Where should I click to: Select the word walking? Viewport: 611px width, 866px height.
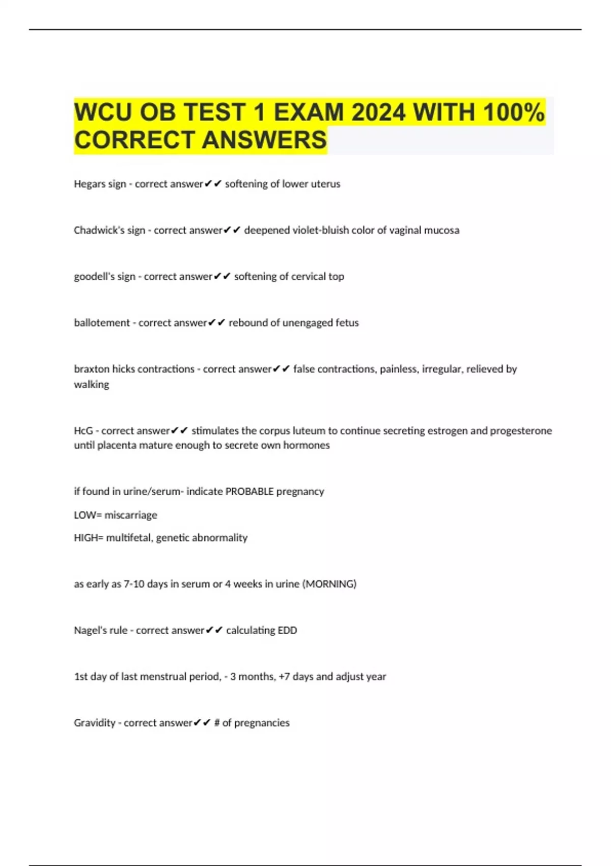coord(92,385)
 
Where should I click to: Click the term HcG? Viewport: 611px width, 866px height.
coord(84,430)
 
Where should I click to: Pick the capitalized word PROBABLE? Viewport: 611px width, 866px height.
coord(249,492)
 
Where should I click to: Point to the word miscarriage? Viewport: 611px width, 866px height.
coord(131,515)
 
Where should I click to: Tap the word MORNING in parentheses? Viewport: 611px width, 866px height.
coord(330,584)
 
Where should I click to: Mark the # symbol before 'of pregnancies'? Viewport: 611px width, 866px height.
coord(217,723)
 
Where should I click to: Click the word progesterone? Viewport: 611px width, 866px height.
coord(521,430)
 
